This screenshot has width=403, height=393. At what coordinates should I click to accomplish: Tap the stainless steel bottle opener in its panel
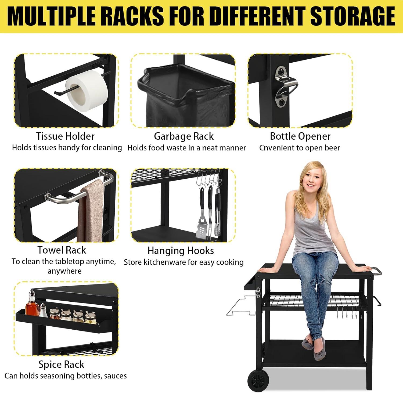click(286, 85)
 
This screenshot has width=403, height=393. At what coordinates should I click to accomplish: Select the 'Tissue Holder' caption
click(65, 136)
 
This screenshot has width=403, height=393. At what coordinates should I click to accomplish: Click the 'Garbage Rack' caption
click(184, 136)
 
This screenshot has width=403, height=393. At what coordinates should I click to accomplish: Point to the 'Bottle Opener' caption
click(300, 136)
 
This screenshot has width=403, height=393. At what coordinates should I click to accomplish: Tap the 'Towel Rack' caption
click(62, 250)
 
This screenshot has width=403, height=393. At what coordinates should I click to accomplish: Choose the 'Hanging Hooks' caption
click(181, 251)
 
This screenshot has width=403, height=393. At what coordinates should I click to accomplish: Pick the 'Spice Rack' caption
click(61, 365)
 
